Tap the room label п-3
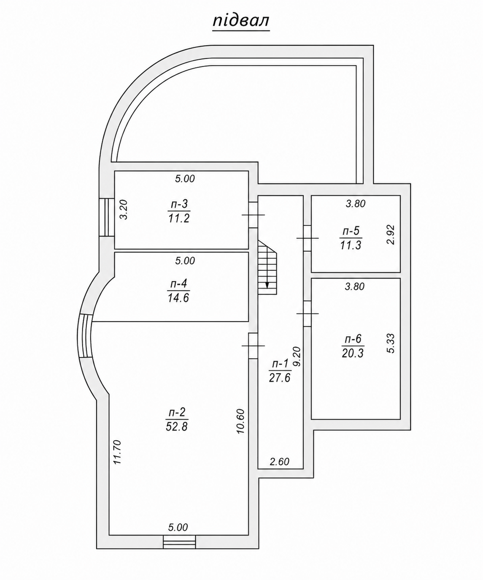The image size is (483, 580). [x=179, y=204]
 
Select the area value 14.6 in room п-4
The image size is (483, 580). [x=178, y=298]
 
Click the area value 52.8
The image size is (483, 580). [x=177, y=426]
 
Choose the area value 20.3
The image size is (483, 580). [x=353, y=353]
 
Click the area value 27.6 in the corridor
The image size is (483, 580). [x=280, y=378]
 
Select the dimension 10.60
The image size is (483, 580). [x=240, y=422]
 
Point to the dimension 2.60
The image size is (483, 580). [x=280, y=461]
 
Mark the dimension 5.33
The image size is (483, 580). [x=391, y=343]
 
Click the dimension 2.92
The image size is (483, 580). [x=391, y=234]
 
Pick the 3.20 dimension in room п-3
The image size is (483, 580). [x=124, y=210]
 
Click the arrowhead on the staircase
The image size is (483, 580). [x=267, y=285]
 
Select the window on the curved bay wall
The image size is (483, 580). [x=85, y=336]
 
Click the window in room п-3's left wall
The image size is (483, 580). [x=107, y=217]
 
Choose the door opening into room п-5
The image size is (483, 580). [x=307, y=238]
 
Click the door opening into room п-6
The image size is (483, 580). [x=307, y=314]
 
